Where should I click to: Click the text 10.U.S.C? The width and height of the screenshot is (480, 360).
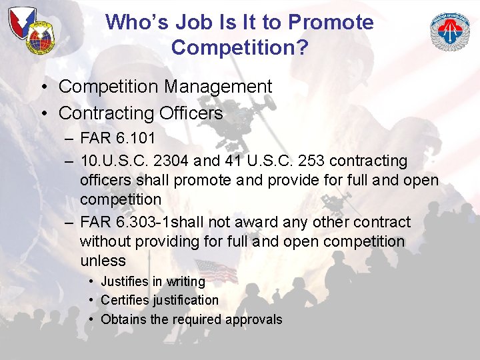coord(110,161)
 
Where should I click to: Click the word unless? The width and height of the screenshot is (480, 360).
coord(103,261)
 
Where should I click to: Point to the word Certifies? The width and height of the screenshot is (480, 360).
coord(126,300)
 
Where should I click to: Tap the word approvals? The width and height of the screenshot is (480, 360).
coord(254,320)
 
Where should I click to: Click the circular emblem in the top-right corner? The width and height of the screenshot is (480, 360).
coord(449,31)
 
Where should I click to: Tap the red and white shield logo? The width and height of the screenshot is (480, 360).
coord(21,23)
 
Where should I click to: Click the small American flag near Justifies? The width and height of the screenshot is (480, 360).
coord(215,270)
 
